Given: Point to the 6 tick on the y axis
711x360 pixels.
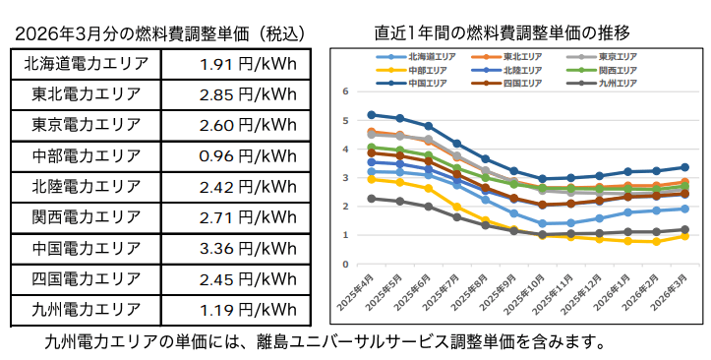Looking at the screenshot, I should coord(345,91).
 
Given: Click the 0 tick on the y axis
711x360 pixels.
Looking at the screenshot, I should coord(345,264).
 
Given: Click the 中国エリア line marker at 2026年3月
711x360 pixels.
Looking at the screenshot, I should coord(684,167).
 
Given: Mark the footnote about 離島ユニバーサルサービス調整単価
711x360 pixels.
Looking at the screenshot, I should coord(325,343).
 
